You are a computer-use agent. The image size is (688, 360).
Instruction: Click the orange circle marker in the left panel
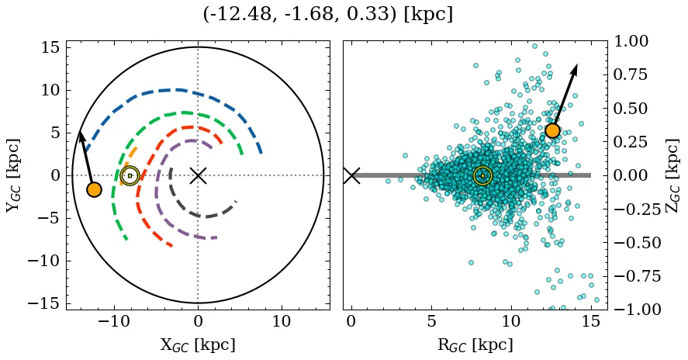94,189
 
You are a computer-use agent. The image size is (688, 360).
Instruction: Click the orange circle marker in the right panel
552,130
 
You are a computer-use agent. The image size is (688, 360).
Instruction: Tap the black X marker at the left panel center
198,175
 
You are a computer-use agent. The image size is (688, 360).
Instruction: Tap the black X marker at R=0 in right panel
351,175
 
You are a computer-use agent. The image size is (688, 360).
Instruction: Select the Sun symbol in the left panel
130,175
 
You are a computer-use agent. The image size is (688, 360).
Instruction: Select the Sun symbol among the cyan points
482,175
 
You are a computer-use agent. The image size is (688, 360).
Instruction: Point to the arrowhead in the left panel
80,136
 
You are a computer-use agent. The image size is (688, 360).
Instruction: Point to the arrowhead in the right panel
576,68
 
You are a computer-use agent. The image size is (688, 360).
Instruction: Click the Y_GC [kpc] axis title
14,175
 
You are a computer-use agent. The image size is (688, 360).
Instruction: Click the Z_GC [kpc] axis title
672,175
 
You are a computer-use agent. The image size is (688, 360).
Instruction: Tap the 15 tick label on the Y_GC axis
50,48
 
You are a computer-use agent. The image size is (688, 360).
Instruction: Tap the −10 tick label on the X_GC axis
114,321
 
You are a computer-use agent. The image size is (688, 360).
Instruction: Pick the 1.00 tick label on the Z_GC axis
634,41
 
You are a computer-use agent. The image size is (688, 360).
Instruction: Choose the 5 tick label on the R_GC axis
431,321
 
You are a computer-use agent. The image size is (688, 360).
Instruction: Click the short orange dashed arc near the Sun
132,152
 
